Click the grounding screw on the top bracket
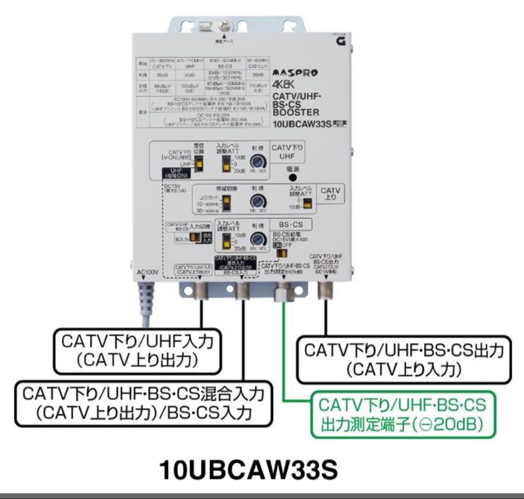(x=224, y=23)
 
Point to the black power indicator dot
(x=293, y=177)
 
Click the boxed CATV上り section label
(x=331, y=195)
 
